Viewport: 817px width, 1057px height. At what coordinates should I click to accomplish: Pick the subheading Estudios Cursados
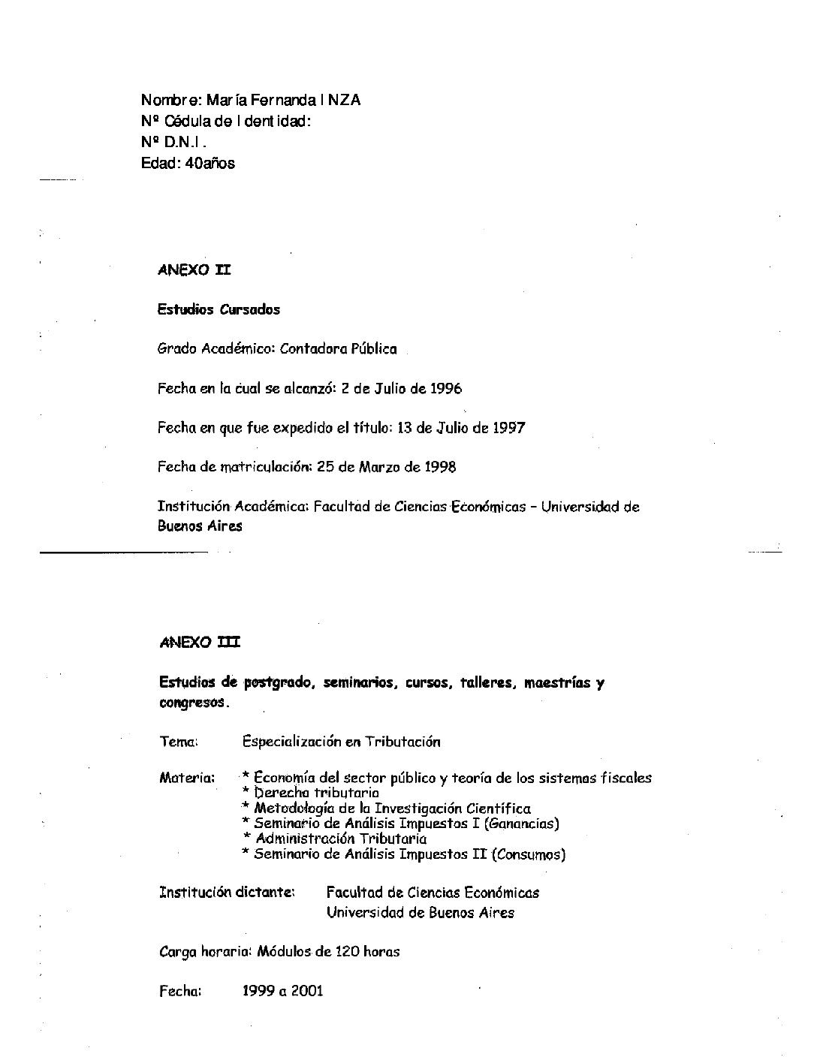tap(219, 309)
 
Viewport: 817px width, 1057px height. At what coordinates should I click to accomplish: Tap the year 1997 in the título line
tap(508, 428)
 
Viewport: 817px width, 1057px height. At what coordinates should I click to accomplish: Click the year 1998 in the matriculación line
tap(439, 467)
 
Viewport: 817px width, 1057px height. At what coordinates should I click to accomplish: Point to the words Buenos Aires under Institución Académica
tap(200, 526)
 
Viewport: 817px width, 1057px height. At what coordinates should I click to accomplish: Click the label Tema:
tap(179, 742)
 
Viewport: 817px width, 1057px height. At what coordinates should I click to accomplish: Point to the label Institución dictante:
tap(227, 893)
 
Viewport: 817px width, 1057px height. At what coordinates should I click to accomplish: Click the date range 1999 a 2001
tap(282, 991)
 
